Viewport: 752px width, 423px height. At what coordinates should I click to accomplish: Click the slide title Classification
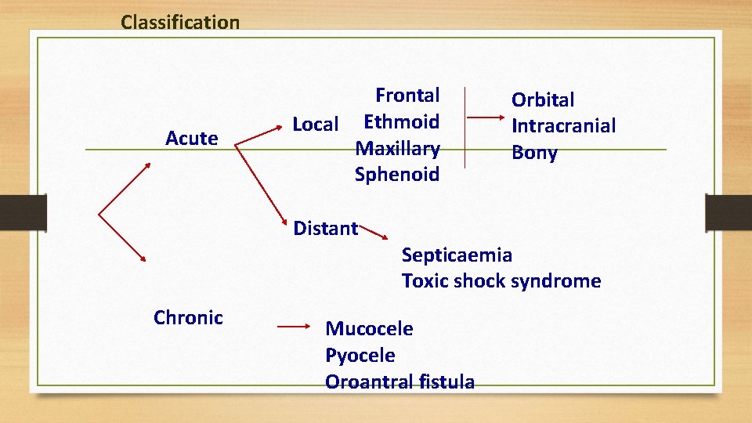click(x=180, y=22)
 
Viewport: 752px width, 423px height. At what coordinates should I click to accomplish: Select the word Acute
click(x=191, y=139)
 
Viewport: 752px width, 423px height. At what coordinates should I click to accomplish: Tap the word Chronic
click(x=188, y=317)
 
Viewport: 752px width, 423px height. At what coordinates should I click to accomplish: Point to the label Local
click(x=315, y=124)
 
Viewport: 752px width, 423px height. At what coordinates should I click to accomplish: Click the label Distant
click(x=325, y=228)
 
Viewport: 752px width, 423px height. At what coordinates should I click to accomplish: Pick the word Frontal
click(x=407, y=96)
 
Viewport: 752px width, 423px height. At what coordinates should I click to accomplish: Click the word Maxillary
click(x=397, y=148)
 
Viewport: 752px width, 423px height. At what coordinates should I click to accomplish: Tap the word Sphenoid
click(x=397, y=174)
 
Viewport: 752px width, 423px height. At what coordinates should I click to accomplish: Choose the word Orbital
click(x=543, y=99)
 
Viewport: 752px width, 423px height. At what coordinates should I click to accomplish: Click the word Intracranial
click(x=563, y=125)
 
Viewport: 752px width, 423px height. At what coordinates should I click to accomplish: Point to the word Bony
click(x=534, y=153)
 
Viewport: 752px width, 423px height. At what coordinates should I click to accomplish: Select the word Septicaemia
click(x=457, y=255)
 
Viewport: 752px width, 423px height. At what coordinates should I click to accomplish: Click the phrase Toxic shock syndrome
click(x=501, y=280)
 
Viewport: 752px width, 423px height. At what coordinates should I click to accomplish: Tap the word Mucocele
click(x=369, y=328)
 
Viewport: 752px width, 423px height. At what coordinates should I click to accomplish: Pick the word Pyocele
click(x=360, y=355)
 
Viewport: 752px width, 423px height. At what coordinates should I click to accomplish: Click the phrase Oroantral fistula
click(x=399, y=381)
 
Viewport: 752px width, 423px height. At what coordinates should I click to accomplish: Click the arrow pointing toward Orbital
click(x=486, y=117)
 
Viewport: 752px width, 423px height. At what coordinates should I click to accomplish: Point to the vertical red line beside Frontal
click(x=465, y=127)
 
